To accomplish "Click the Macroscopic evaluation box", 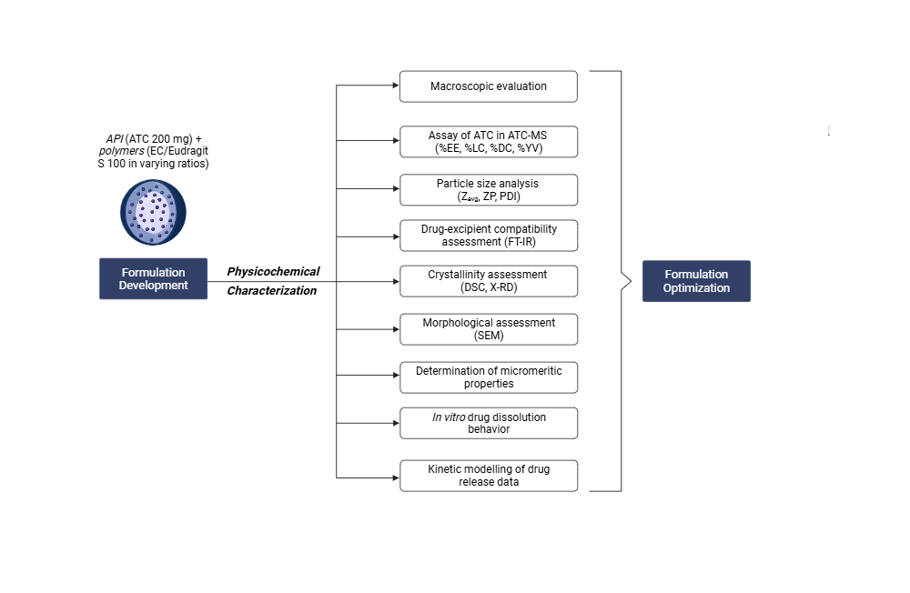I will pos(489,86).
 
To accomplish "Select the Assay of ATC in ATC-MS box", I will pos(489,141).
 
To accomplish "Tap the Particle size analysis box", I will pos(489,189).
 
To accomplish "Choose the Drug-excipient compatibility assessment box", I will pos(489,236).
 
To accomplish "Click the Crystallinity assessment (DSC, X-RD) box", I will pos(489,281).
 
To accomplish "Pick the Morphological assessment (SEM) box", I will pos(489,328).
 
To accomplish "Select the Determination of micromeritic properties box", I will pos(489,377).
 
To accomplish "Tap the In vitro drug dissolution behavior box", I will pos(489,423).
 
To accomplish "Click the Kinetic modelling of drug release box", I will pos(489,476).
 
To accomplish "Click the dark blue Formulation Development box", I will pos(153,278).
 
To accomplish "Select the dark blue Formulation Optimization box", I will pos(696,281).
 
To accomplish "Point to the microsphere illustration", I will pos(154,212).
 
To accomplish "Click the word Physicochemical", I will pos(273,271).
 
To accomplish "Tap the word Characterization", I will pos(271,291).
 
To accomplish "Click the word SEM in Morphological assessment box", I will pos(489,336).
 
